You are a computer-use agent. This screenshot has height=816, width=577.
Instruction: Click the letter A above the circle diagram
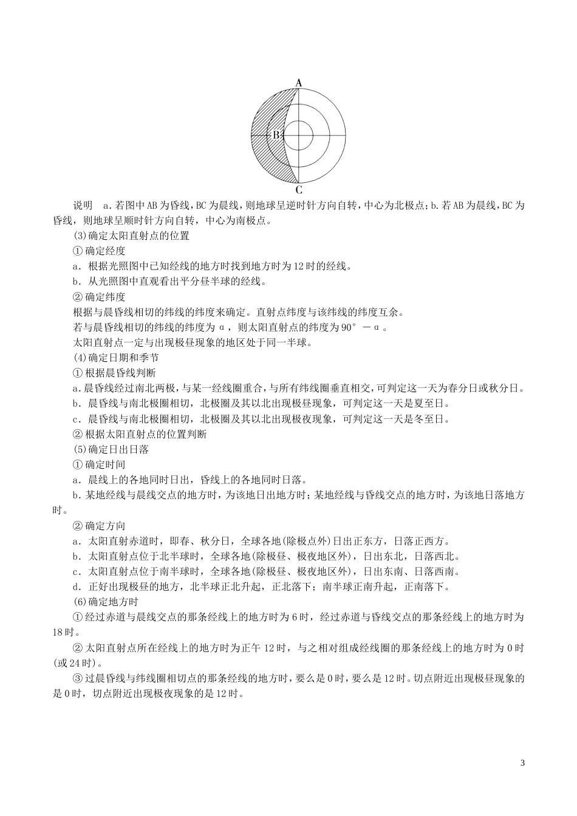point(298,83)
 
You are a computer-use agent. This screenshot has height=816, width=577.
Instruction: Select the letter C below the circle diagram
point(299,189)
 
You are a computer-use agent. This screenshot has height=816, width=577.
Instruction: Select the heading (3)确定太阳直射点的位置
point(131,236)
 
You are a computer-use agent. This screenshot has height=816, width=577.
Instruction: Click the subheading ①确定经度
point(99,251)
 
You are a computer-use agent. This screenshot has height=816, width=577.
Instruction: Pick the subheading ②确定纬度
point(99,297)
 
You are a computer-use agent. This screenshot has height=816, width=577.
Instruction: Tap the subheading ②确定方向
point(99,525)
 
